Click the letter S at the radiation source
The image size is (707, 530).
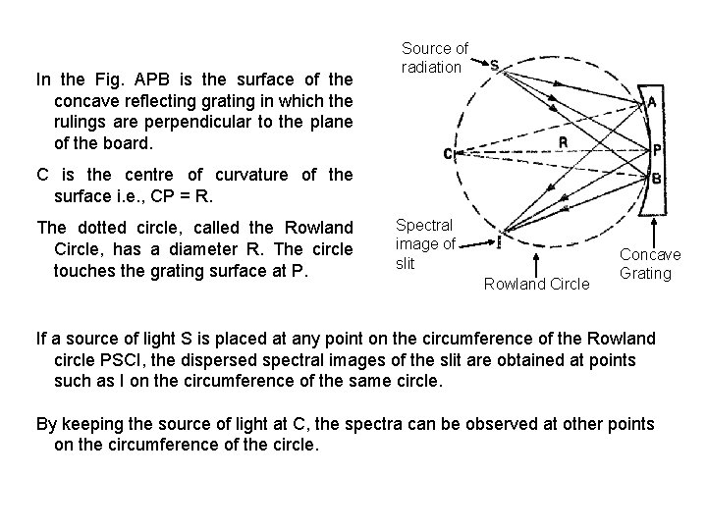click(494, 66)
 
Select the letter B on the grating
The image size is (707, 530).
click(656, 181)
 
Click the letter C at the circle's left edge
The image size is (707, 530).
click(448, 154)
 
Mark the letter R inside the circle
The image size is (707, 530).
click(563, 140)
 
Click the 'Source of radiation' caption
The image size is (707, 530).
click(435, 57)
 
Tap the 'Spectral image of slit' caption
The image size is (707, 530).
click(424, 244)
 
